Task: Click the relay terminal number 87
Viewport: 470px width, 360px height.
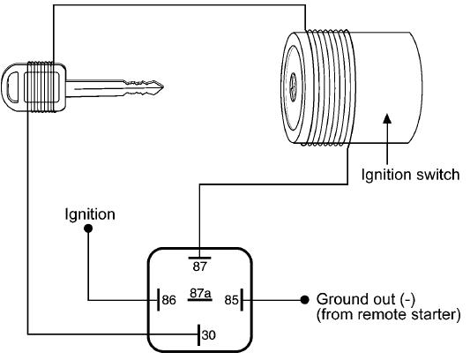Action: tap(201, 266)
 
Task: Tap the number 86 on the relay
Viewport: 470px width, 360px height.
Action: tap(169, 299)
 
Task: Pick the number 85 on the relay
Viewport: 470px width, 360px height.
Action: tap(232, 299)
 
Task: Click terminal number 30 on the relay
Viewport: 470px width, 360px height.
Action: tap(208, 334)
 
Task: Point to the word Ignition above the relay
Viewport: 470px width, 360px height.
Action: tap(89, 214)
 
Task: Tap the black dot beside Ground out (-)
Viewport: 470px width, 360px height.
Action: tap(304, 298)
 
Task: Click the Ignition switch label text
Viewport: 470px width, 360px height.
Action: tap(411, 175)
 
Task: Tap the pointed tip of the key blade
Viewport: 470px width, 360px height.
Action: tap(161, 86)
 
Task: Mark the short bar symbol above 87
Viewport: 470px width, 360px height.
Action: tap(201, 254)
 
